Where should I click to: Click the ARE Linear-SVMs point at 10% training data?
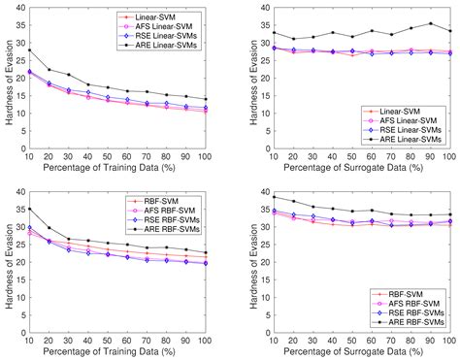tap(30, 49)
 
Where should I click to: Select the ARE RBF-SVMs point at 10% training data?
tap(30, 209)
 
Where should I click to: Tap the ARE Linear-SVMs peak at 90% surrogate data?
tap(431, 24)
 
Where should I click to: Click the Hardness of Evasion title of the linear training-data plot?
tap(7, 78)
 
